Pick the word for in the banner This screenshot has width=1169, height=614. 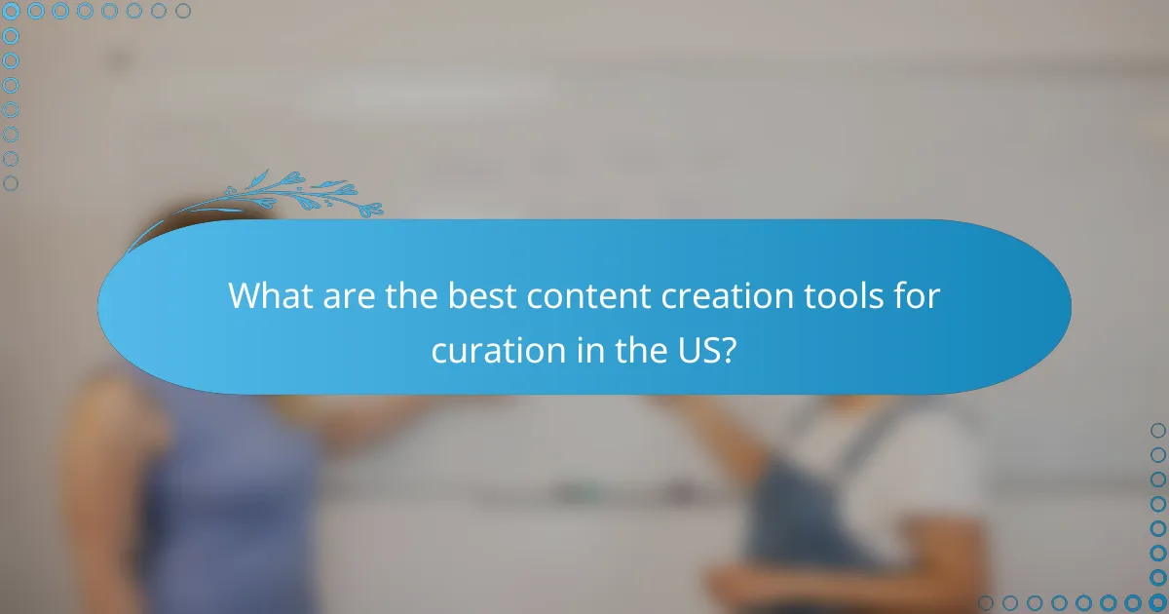coord(918,296)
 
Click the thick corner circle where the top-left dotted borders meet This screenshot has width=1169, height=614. coord(11,11)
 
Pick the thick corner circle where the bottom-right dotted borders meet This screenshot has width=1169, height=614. coord(1158,602)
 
